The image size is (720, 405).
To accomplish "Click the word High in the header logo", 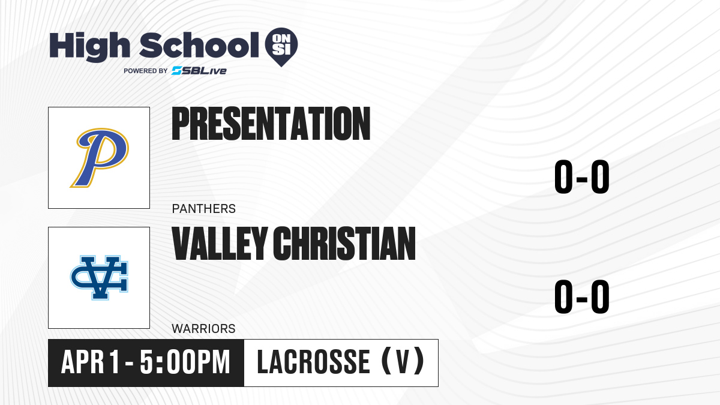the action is tap(89, 47).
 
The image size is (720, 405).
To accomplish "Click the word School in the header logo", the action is tap(199, 45).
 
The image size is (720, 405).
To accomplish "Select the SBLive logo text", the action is tap(199, 71).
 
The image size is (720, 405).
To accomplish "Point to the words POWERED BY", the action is tap(146, 71).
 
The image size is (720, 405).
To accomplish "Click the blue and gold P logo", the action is tap(100, 157).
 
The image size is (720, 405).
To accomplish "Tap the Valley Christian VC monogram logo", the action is tap(100, 278).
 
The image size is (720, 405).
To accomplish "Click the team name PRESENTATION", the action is tap(271, 124).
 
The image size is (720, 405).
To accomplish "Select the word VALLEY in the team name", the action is tap(220, 244).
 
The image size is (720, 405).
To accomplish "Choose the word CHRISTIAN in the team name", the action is tap(344, 244).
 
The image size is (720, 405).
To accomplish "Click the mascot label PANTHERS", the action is tap(204, 209).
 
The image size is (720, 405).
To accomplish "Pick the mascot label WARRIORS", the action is tap(203, 329).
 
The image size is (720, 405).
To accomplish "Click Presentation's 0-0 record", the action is tap(582, 177).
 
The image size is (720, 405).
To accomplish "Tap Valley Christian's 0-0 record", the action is tap(582, 296).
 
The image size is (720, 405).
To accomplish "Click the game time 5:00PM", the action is tap(185, 362).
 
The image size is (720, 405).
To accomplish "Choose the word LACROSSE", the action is tap(313, 362).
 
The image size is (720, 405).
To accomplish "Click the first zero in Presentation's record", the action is tap(564, 177).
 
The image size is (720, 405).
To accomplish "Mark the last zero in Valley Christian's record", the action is tap(600, 296).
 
